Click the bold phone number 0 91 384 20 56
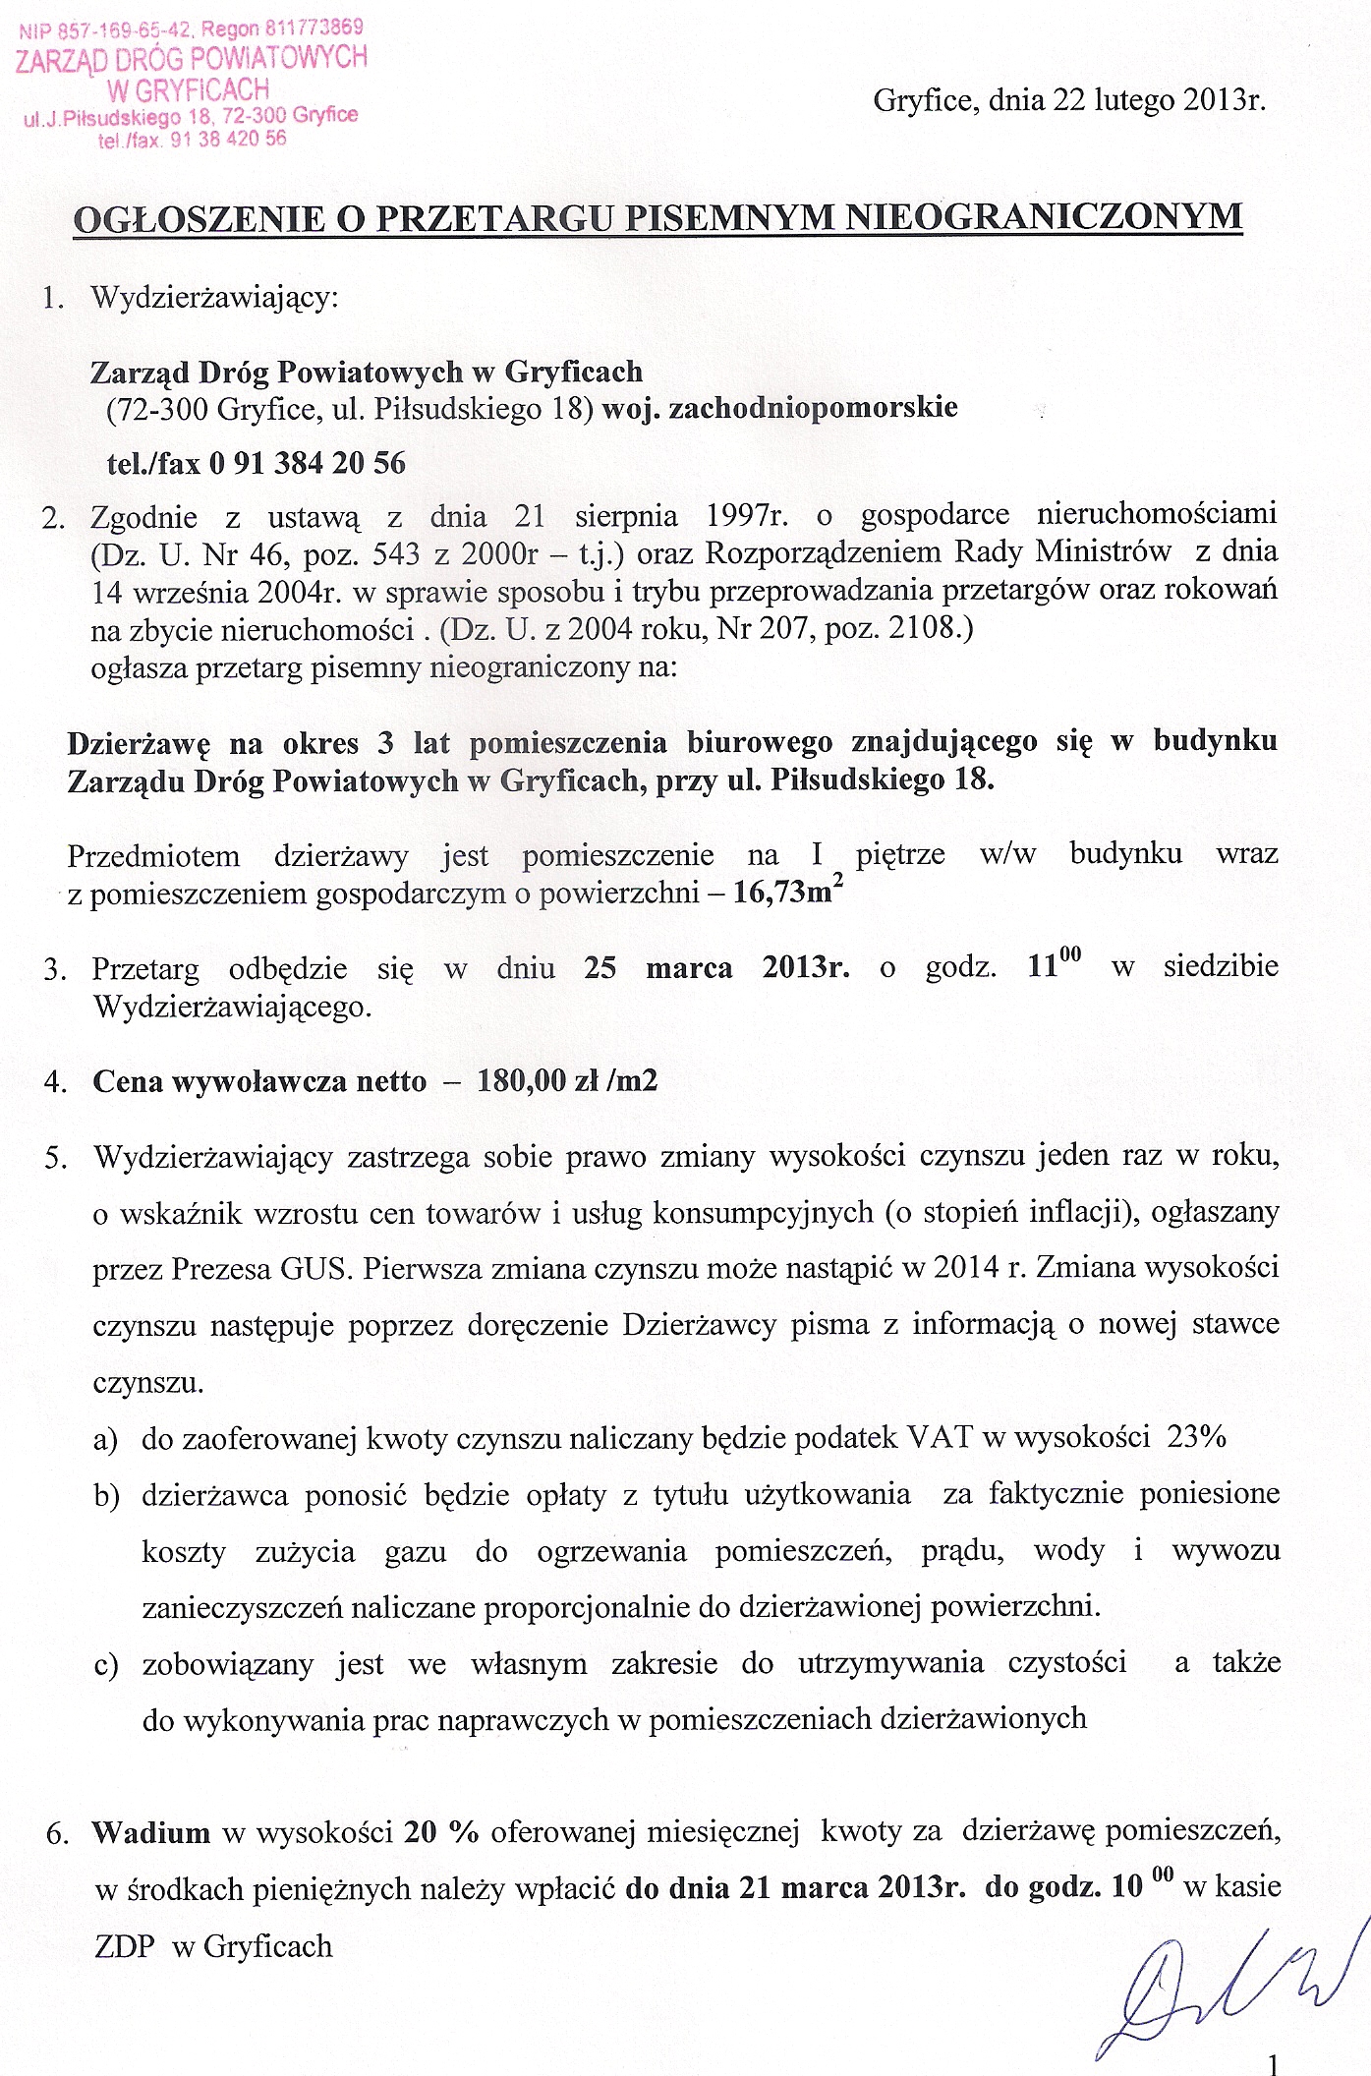click(307, 463)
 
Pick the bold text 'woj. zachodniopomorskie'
click(779, 407)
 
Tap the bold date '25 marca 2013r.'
click(716, 967)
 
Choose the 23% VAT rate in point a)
click(1196, 1438)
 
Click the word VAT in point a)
click(940, 1438)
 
